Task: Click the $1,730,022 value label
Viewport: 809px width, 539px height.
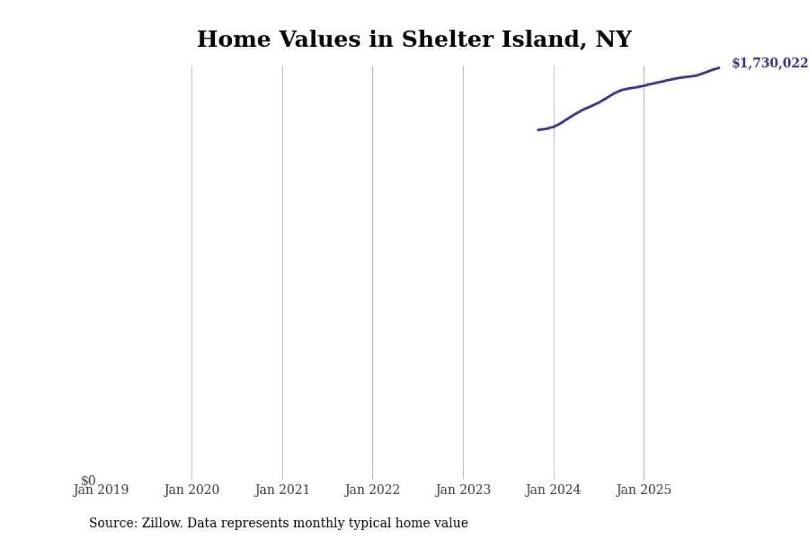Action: (769, 63)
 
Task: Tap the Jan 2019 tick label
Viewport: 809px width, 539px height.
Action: (100, 490)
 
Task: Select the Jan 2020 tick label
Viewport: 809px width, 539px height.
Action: (192, 490)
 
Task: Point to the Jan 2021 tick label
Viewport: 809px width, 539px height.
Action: (282, 490)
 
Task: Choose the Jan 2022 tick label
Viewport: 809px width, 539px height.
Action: (372, 490)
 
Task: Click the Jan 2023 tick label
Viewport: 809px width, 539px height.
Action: (463, 490)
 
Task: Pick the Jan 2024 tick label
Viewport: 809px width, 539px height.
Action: (554, 490)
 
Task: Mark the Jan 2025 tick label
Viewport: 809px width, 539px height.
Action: (644, 490)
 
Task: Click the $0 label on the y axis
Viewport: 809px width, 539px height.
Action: (88, 481)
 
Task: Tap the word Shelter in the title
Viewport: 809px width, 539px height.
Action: (441, 39)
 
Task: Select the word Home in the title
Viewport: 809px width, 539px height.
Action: (233, 39)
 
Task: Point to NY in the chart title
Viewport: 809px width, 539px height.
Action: (613, 39)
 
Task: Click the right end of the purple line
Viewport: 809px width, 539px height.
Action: (719, 68)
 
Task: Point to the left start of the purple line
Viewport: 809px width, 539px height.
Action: (538, 130)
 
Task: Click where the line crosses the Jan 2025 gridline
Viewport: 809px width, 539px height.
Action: (644, 85)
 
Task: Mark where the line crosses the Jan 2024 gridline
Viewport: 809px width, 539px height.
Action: (554, 126)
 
